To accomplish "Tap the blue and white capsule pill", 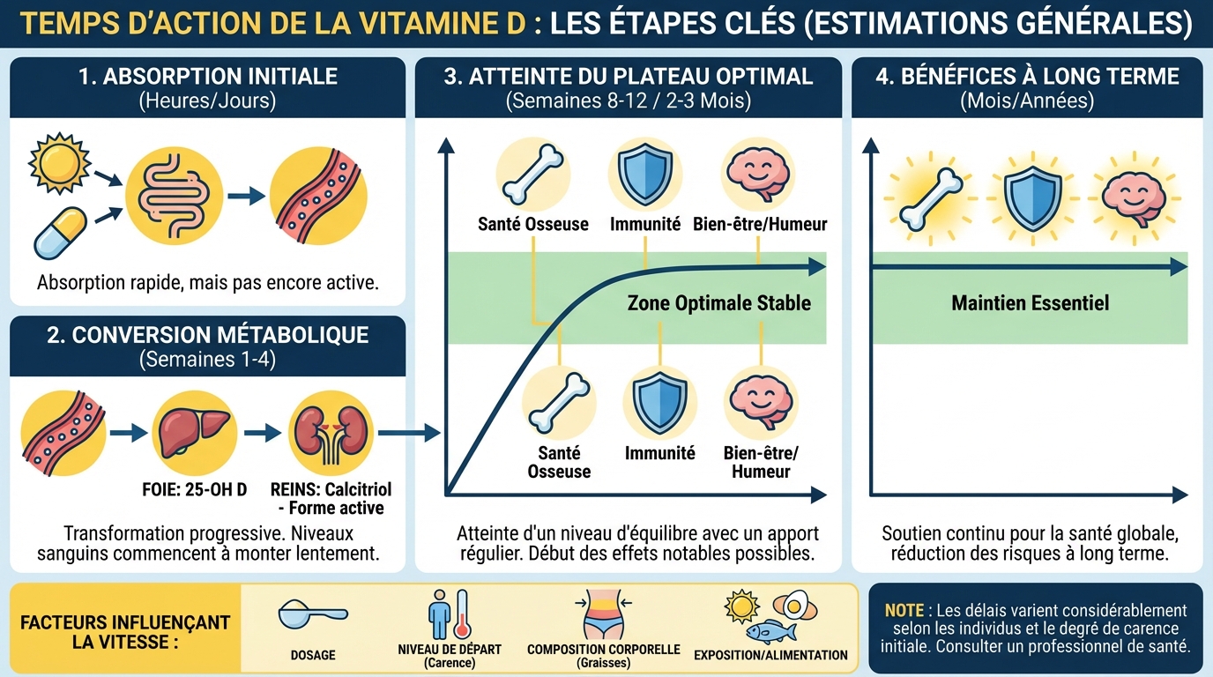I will [60, 233].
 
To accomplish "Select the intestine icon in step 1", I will [170, 197].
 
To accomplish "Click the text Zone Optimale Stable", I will [718, 303].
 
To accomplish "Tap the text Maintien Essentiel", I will [1030, 303].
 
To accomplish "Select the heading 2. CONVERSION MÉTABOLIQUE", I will [207, 335].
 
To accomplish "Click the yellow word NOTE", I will [904, 610].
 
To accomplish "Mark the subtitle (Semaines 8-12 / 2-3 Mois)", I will [628, 100].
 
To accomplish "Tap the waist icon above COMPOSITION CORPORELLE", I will [603, 614].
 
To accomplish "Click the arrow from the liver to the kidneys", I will [262, 433].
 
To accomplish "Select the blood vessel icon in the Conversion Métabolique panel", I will [63, 433].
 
